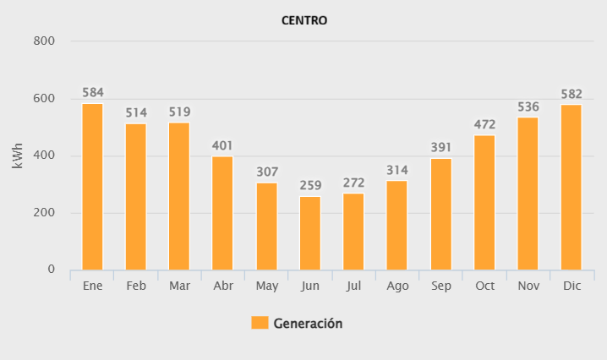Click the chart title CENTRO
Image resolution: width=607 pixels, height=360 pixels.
303,20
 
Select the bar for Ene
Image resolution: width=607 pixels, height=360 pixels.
92,187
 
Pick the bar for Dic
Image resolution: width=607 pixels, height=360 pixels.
571,187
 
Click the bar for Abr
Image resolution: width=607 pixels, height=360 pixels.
223,213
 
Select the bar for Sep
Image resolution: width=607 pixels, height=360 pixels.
440,215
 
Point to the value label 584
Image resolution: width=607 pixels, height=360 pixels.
92,92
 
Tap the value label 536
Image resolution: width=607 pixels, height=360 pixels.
528,106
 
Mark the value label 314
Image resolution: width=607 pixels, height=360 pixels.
397,170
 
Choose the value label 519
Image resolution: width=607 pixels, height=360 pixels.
179,111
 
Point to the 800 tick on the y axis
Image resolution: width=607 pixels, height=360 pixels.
44,41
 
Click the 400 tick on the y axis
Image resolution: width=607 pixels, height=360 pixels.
44,155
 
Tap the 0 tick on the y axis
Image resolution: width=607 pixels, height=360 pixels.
51,270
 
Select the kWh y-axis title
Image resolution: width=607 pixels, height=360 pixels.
18,155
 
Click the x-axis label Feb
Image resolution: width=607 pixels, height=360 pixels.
136,286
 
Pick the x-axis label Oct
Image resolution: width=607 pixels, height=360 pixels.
484,286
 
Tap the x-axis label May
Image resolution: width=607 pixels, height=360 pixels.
266,286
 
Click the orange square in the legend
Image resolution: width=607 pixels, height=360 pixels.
260,323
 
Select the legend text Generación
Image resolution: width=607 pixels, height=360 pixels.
308,323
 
